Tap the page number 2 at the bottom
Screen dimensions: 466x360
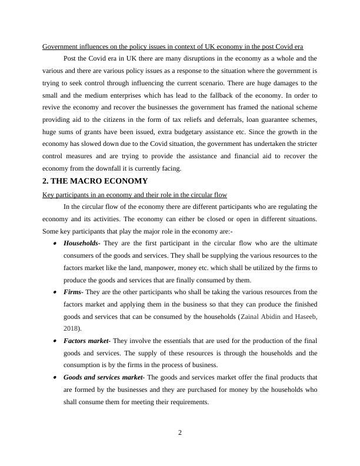click(x=180, y=434)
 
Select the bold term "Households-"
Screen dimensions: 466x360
click(x=82, y=243)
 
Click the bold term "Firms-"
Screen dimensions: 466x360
click(x=74, y=292)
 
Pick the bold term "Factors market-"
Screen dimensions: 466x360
click(x=86, y=341)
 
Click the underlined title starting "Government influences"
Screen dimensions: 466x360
click(x=173, y=46)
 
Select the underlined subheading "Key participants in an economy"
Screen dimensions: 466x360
click(x=135, y=194)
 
